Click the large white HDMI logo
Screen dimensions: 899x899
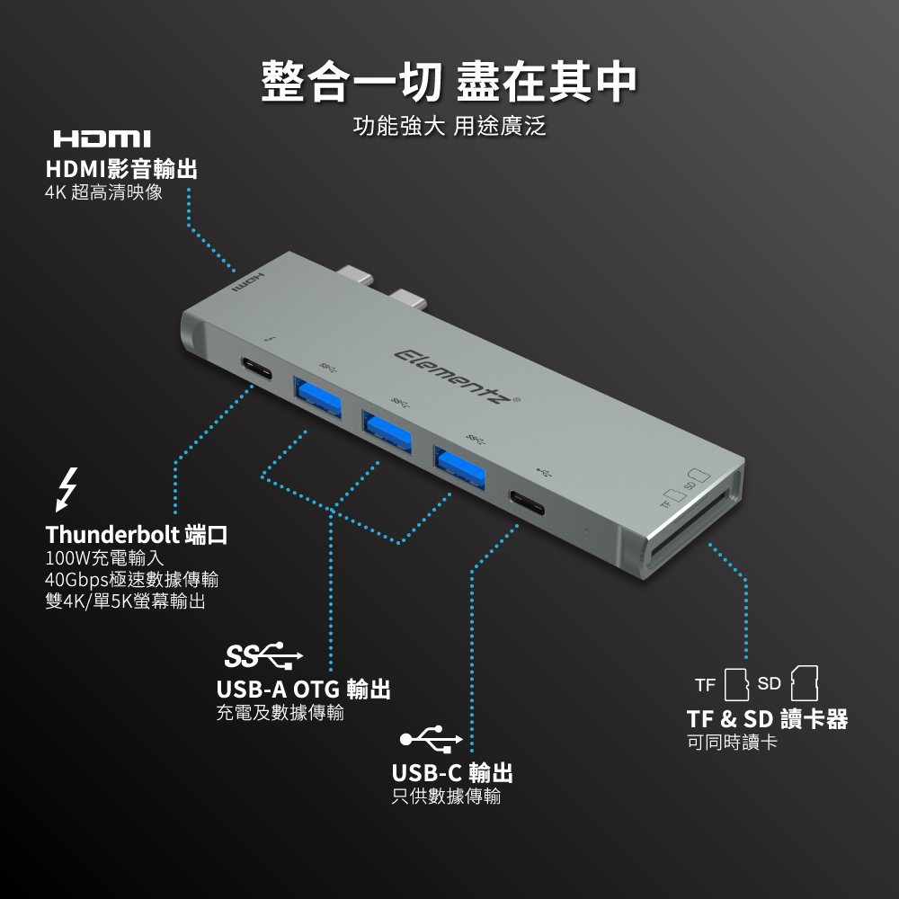pyautogui.click(x=102, y=138)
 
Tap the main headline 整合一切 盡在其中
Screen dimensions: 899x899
pyautogui.click(x=449, y=82)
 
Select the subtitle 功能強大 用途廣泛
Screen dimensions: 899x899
pyautogui.click(x=449, y=126)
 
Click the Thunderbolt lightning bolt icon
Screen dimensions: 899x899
pyautogui.click(x=67, y=490)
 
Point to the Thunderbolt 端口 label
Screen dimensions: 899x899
pyautogui.click(x=137, y=535)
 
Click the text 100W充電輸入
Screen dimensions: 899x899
pyautogui.click(x=104, y=558)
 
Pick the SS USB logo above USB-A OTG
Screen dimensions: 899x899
pyautogui.click(x=263, y=656)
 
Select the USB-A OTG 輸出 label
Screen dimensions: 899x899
pyautogui.click(x=303, y=689)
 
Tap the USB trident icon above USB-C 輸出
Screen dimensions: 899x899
pyautogui.click(x=432, y=738)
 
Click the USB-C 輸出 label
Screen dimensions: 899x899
pyautogui.click(x=452, y=773)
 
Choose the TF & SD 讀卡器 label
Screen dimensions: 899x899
pyautogui.click(x=767, y=719)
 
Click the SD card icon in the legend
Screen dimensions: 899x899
pyautogui.click(x=805, y=683)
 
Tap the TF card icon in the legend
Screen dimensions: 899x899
pyautogui.click(x=737, y=684)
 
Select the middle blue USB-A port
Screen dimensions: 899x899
pyautogui.click(x=387, y=430)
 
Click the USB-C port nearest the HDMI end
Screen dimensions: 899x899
pyautogui.click(x=256, y=369)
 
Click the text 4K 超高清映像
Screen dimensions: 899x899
pyautogui.click(x=103, y=192)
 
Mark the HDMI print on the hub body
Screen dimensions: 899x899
pyautogui.click(x=248, y=284)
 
